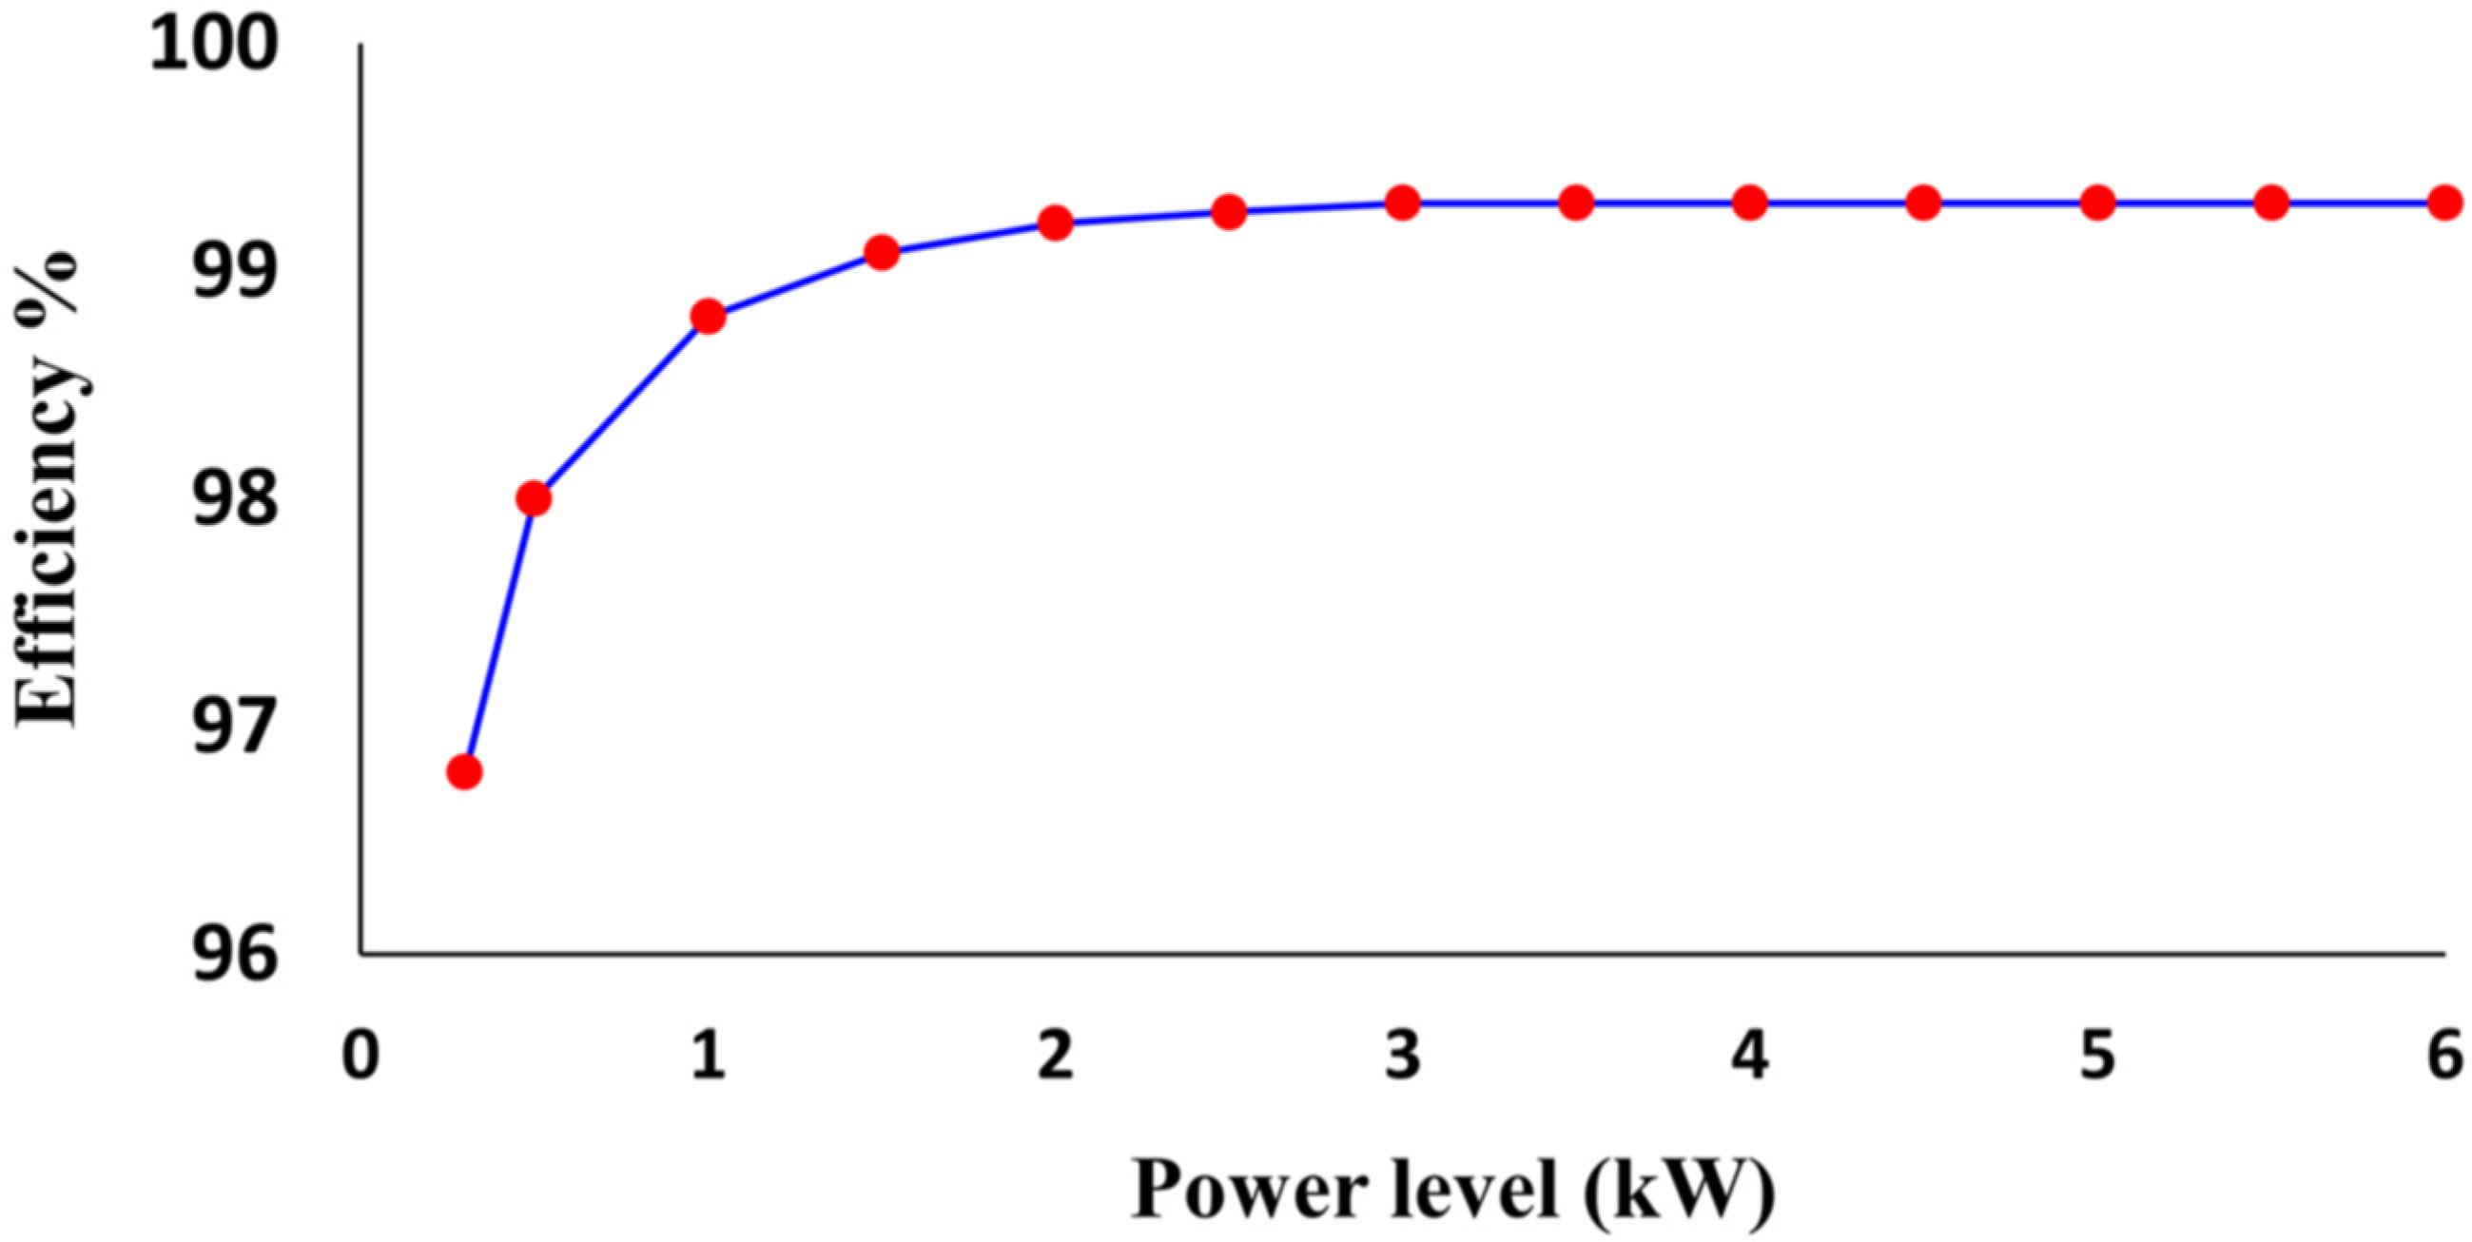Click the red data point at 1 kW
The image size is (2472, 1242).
point(708,316)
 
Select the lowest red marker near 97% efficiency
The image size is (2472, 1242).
point(464,771)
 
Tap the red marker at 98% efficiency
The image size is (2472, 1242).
point(534,498)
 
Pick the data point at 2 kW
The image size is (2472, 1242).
point(1055,223)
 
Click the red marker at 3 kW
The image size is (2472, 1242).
point(1402,203)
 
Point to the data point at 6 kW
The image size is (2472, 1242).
point(2444,203)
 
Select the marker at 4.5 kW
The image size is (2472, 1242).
point(1923,203)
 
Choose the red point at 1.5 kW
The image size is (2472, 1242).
point(881,252)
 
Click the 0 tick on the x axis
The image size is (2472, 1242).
point(360,1056)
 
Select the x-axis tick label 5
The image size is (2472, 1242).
point(2097,1056)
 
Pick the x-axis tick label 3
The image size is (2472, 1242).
point(1402,1056)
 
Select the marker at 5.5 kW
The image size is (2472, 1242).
point(2270,203)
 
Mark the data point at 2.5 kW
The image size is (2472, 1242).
point(1228,212)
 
